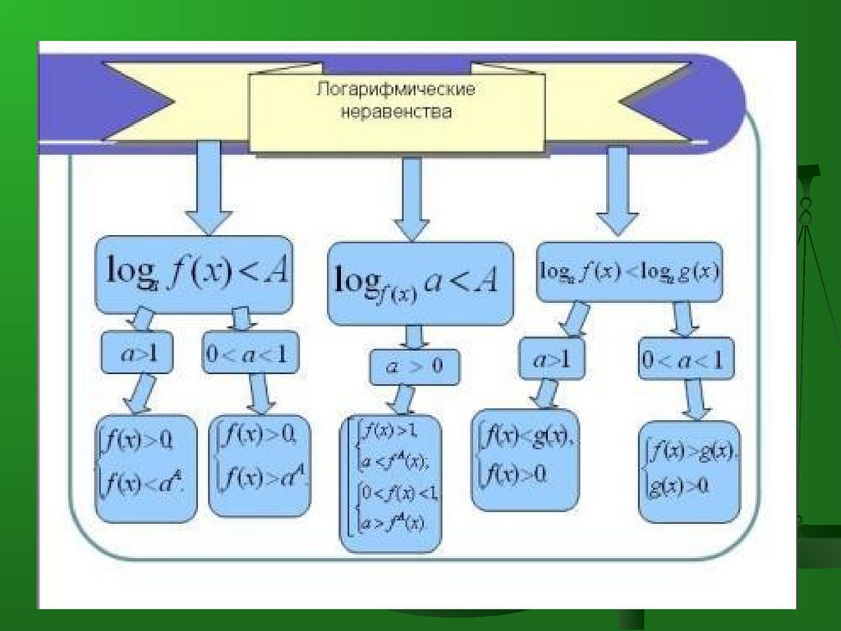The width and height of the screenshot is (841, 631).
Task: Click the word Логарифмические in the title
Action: tap(397, 89)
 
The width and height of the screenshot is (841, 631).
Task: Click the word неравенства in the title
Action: tap(397, 111)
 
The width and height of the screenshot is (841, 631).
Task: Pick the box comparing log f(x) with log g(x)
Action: tap(629, 271)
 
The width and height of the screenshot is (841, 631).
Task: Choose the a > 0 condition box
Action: tap(414, 366)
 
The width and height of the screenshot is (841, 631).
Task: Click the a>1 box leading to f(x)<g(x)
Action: tap(551, 360)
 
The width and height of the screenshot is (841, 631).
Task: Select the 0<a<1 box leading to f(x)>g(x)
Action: tap(687, 360)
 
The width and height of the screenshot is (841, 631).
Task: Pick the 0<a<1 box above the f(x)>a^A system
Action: tap(250, 352)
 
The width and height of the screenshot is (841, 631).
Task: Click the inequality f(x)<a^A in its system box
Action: tap(145, 485)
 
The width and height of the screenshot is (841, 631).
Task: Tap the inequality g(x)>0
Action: tap(678, 486)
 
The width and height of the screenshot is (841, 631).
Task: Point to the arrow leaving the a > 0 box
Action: tap(403, 400)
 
